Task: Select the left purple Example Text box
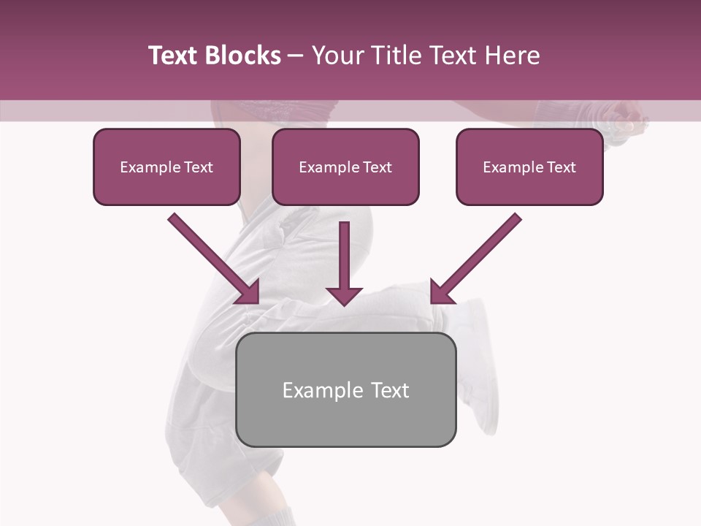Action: [x=166, y=167]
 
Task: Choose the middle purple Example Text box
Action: [x=345, y=167]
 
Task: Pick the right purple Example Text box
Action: [x=529, y=167]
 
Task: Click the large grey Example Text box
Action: [x=345, y=389]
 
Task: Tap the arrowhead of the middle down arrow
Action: [x=344, y=294]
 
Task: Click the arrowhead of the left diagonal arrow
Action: [x=248, y=291]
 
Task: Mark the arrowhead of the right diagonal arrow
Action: [x=441, y=292]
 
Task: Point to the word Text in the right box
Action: [x=561, y=167]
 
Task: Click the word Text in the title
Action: [x=175, y=56]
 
